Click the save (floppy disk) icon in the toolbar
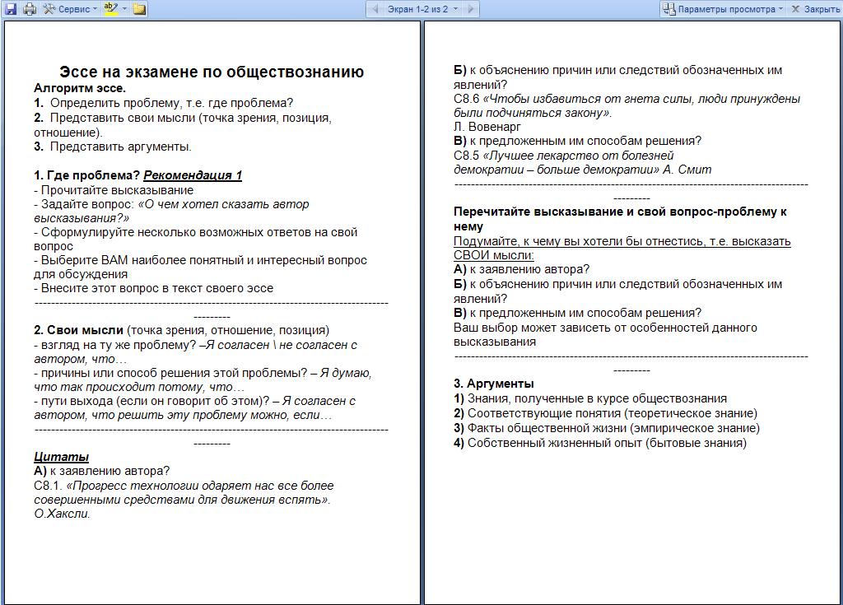[11, 9]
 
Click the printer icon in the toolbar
[30, 9]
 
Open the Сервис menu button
[70, 9]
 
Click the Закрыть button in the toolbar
[815, 9]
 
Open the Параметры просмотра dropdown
[722, 9]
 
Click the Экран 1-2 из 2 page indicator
[417, 9]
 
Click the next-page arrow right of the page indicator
[470, 9]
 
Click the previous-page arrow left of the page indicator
[375, 9]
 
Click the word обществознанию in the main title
[292, 72]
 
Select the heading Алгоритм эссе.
[80, 88]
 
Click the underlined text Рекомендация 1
[193, 175]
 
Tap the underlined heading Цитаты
[61, 457]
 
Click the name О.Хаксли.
[62, 514]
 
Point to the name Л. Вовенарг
[487, 127]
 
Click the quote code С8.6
[467, 99]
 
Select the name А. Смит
[687, 170]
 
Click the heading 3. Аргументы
[494, 384]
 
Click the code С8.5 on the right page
[467, 155]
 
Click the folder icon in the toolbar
[139, 9]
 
